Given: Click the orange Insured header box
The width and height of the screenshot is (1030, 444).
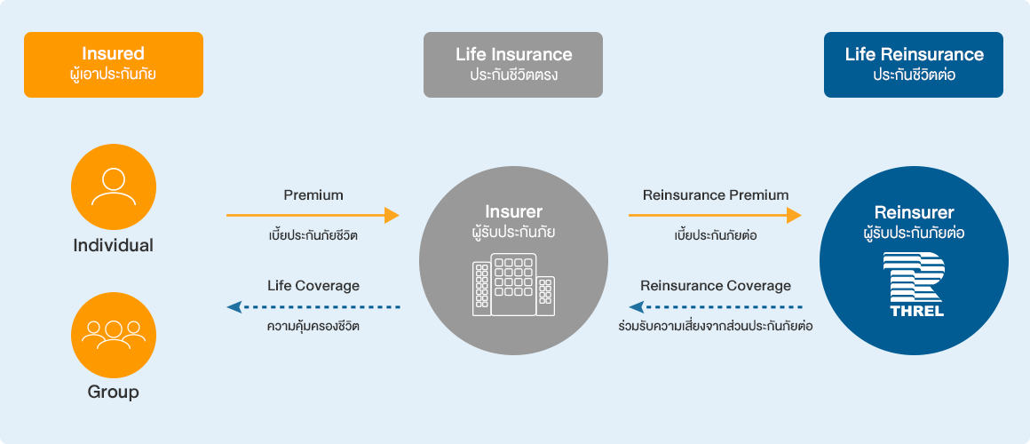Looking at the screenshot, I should (114, 64).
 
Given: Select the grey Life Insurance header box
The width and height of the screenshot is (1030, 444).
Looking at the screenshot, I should (513, 64).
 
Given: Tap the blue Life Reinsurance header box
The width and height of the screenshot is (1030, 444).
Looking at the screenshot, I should (914, 64).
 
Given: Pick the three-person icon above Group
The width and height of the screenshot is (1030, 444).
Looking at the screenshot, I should (114, 335).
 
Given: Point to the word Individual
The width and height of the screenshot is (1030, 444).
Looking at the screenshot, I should (114, 246).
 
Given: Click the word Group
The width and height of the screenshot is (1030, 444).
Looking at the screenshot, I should (114, 392).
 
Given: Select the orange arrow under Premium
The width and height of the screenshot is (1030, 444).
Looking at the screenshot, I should (313, 215).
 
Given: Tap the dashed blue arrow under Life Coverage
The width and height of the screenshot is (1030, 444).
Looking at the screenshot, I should (313, 307).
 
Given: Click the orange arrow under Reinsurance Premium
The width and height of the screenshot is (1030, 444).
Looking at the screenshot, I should (715, 215).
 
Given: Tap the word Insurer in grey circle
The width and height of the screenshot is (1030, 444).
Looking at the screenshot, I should (513, 212).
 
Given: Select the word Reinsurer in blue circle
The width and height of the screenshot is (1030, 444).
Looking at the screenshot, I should (914, 212).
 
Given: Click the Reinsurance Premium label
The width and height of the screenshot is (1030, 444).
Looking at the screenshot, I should (715, 194).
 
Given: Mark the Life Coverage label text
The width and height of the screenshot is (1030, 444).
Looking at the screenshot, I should (313, 286).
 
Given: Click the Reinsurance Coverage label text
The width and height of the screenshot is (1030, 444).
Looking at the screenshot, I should (715, 286).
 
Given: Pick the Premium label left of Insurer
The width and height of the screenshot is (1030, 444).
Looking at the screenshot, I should (313, 194).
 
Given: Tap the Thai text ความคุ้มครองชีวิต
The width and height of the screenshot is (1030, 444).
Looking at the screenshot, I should (313, 326).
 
